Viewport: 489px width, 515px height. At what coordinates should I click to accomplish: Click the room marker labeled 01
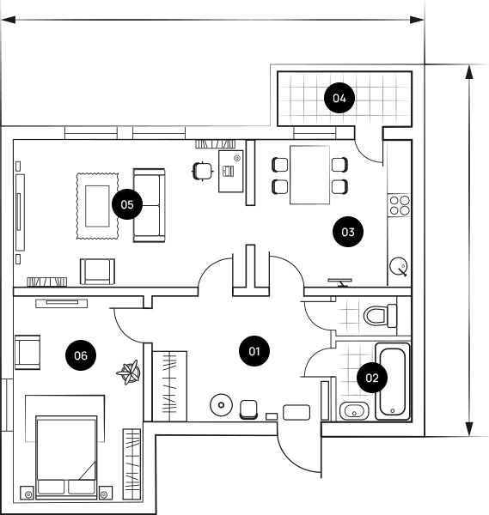pos(254,351)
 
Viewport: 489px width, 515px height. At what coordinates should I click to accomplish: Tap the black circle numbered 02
pos(372,378)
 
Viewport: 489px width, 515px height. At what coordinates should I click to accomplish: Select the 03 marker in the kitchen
pos(347,232)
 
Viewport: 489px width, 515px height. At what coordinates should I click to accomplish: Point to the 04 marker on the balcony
pos(339,98)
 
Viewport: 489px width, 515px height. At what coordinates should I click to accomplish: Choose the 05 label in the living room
pos(127,204)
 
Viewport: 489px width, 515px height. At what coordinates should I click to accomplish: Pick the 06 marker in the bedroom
pos(81,355)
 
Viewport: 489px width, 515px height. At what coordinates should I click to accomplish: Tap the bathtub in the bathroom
pos(393,382)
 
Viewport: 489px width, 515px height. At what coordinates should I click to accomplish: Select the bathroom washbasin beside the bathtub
pos(354,411)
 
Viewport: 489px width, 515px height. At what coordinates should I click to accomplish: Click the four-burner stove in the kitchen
pos(400,205)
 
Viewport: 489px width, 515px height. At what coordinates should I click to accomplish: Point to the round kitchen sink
pos(398,265)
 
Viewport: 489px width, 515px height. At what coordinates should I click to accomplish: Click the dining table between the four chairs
pos(309,175)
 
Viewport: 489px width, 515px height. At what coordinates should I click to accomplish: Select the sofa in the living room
pos(149,205)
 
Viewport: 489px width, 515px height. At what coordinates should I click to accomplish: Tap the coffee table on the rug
pos(97,206)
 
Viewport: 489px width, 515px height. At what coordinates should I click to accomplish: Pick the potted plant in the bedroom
pos(129,373)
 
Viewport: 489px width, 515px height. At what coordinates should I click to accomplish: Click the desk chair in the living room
pos(203,171)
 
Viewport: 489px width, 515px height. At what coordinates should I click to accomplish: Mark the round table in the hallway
pos(221,405)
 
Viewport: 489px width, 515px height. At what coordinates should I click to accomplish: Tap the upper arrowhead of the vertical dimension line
pos(469,72)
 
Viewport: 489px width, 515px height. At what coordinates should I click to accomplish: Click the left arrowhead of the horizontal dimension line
pos(9,20)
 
